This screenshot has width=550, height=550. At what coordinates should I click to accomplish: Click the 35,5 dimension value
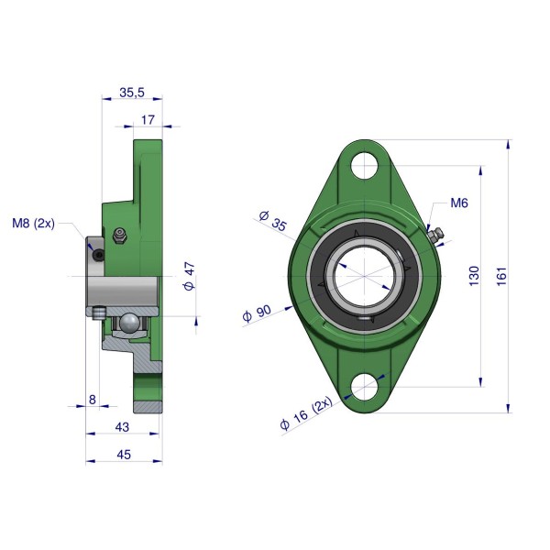point(132,93)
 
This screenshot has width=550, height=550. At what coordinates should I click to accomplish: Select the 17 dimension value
point(148,120)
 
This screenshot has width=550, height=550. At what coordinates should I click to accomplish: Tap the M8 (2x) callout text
point(33,223)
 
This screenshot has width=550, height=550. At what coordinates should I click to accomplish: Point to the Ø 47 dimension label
point(190,277)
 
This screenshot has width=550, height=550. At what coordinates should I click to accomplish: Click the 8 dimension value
point(93,400)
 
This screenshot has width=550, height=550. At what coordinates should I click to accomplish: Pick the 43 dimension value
point(122,427)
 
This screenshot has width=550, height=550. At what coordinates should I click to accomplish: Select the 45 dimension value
point(124,455)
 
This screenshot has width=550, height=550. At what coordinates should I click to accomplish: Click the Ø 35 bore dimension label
point(273,220)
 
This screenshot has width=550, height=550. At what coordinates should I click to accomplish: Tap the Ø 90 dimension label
point(257,313)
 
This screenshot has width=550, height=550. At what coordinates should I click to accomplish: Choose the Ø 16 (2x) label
point(306,413)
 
